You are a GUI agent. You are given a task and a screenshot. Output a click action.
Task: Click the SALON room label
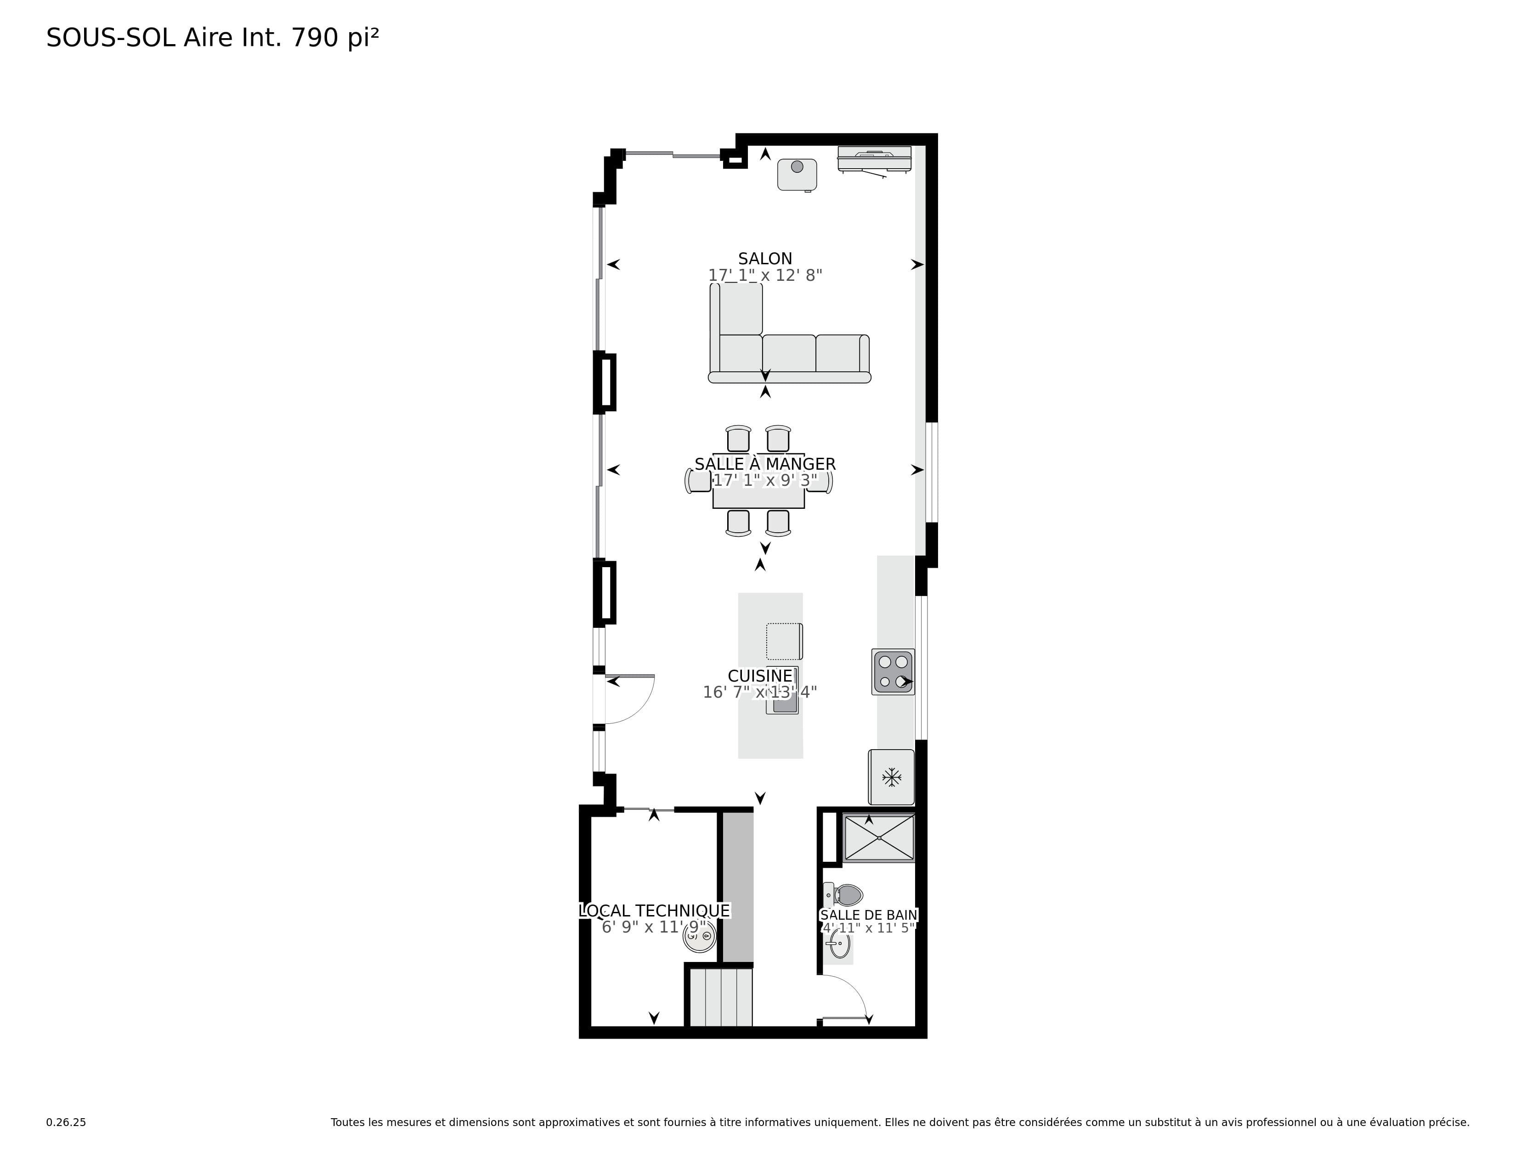[x=765, y=259]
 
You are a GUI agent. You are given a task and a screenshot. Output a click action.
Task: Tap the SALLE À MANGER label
[x=765, y=464]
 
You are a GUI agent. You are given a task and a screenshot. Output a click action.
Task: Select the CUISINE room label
[x=760, y=676]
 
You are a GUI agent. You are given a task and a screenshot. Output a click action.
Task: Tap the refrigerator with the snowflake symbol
[x=891, y=777]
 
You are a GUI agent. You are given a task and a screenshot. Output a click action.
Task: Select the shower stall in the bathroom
[x=879, y=838]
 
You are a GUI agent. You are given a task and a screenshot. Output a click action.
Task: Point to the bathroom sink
[x=838, y=944]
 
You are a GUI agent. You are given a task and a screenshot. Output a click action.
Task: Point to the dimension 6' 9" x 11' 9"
[x=654, y=927]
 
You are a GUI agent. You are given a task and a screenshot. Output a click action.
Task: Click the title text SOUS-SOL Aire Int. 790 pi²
[x=212, y=38]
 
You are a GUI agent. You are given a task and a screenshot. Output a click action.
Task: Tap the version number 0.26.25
[x=66, y=1122]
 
